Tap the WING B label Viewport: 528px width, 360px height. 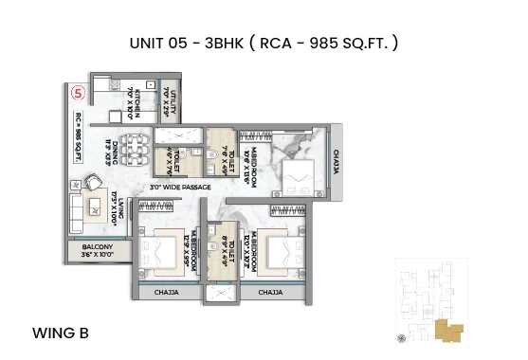click(x=60, y=333)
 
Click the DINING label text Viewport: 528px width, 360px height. click(x=111, y=153)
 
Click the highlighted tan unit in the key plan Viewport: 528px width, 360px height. click(x=446, y=331)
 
